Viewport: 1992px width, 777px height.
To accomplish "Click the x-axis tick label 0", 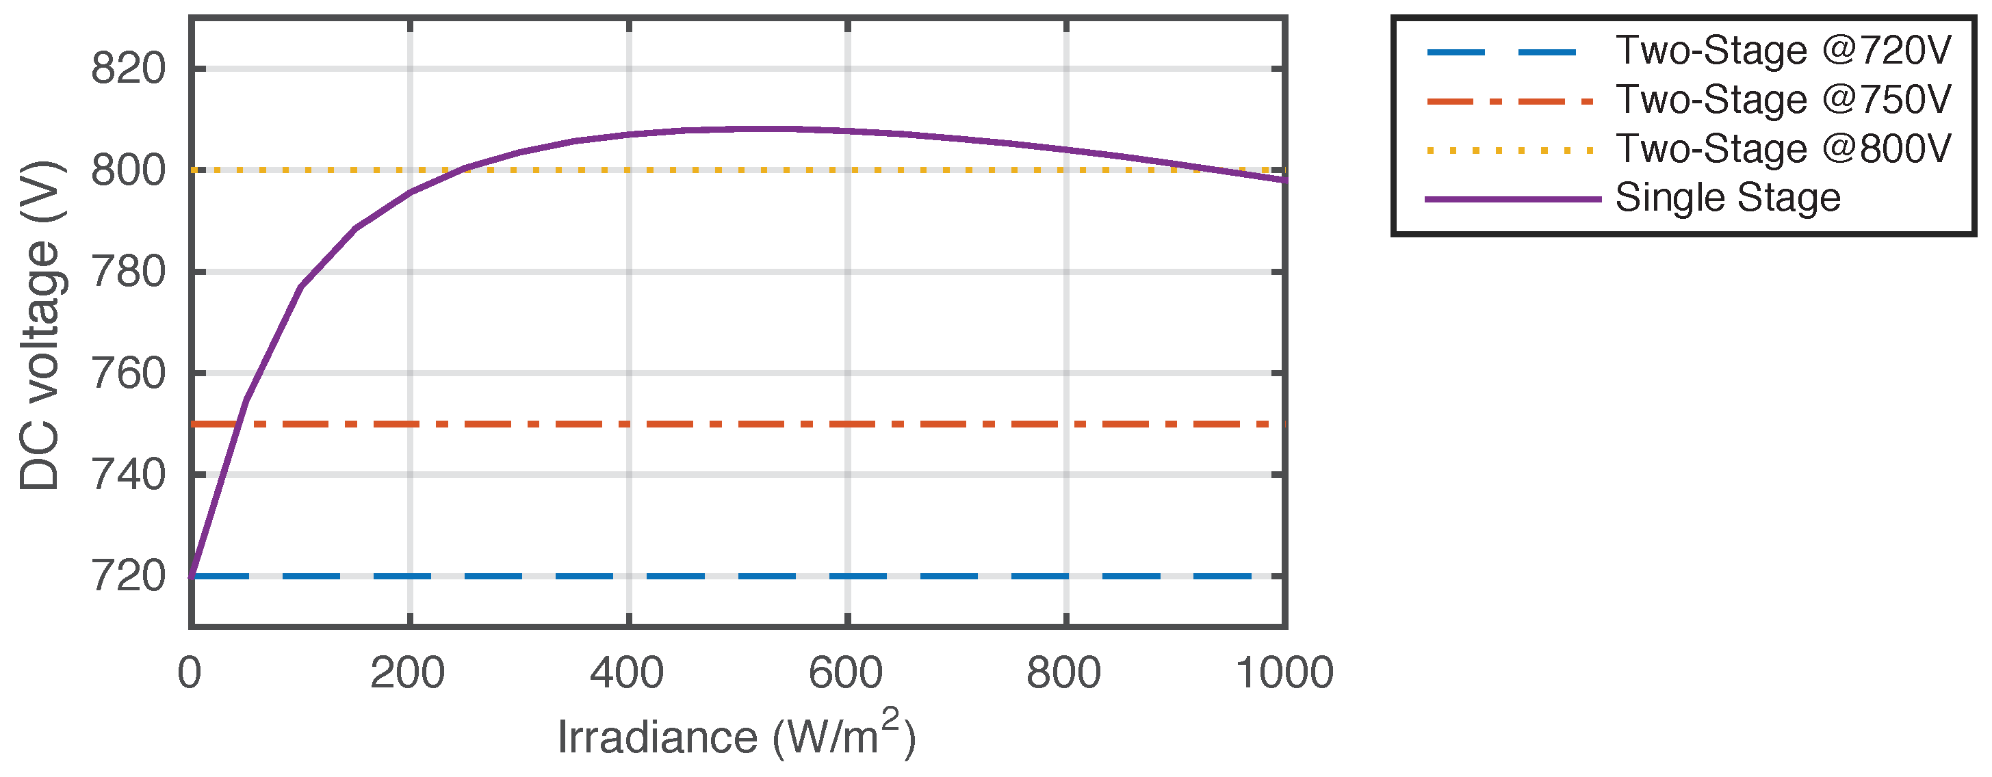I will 190,672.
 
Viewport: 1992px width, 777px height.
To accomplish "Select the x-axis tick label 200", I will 408,672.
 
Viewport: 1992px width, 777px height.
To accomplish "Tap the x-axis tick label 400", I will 627,672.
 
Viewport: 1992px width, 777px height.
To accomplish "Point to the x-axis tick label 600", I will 846,672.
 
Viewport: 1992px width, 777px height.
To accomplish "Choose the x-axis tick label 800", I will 1064,672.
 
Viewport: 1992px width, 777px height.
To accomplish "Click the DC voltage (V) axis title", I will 40,325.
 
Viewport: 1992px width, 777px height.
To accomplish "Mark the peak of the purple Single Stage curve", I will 773,129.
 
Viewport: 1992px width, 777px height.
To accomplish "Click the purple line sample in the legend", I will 1512,200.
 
